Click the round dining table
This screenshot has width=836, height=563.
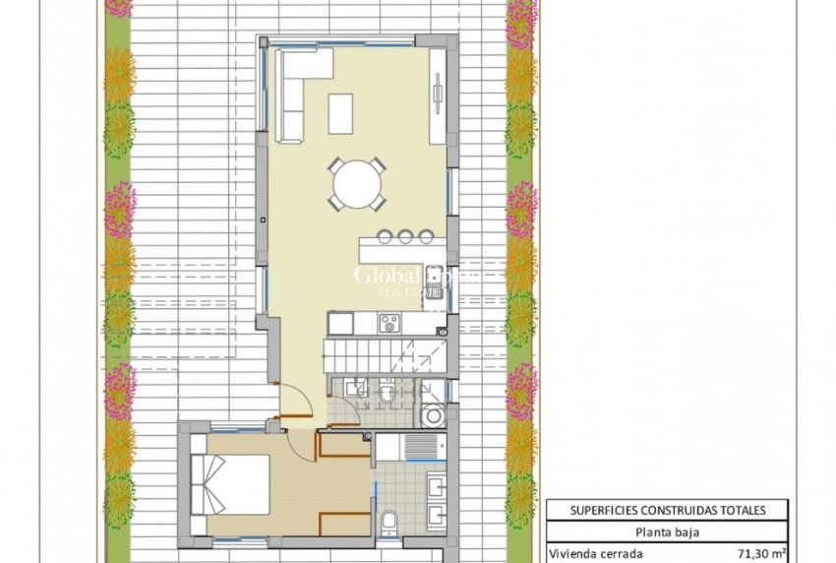(357, 183)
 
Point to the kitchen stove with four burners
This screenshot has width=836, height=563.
(388, 323)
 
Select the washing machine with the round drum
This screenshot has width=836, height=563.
(432, 416)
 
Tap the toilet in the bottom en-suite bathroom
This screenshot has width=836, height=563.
(390, 521)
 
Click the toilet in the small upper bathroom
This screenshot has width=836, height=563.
(388, 394)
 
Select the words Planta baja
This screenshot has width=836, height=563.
(667, 532)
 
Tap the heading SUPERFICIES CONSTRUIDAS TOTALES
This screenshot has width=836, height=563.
(667, 510)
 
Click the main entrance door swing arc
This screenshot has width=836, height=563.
(296, 399)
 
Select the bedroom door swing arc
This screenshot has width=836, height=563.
(300, 441)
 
